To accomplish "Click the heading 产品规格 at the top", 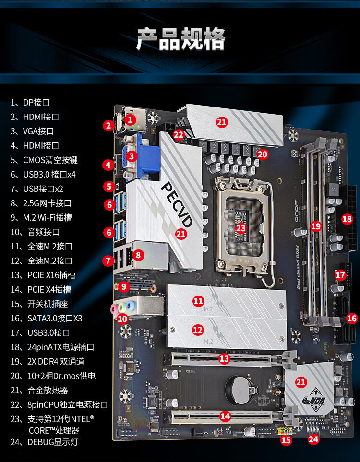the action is [180, 39].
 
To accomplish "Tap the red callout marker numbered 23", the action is [241, 228].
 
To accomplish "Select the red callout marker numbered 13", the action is [224, 358].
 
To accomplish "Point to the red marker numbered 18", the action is [347, 219].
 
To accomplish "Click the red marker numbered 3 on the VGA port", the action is [132, 156].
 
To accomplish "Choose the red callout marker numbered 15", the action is [286, 439].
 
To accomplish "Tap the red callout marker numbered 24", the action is [313, 438].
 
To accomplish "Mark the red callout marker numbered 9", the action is [124, 287].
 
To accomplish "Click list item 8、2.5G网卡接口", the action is [41, 203].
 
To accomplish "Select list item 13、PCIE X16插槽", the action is [43, 275].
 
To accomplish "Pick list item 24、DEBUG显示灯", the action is [44, 442].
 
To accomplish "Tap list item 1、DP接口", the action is [30, 102].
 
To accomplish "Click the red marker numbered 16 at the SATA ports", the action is [352, 318].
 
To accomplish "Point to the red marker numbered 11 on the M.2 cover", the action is [198, 301].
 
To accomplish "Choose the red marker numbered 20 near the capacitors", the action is [262, 154].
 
